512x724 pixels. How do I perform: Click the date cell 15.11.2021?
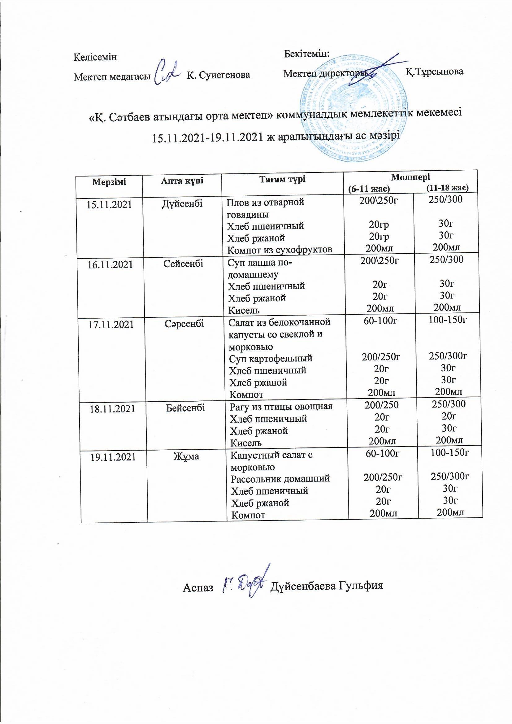tap(109, 205)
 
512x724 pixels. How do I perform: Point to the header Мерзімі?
tap(109, 182)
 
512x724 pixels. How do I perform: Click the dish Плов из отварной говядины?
tap(266, 208)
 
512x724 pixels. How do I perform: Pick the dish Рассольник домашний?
tap(280, 478)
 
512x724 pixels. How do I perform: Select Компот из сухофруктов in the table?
tap(280, 249)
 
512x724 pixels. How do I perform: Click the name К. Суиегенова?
tap(218, 75)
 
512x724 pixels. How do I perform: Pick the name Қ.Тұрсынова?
tap(434, 72)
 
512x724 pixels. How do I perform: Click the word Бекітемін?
tap(307, 53)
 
